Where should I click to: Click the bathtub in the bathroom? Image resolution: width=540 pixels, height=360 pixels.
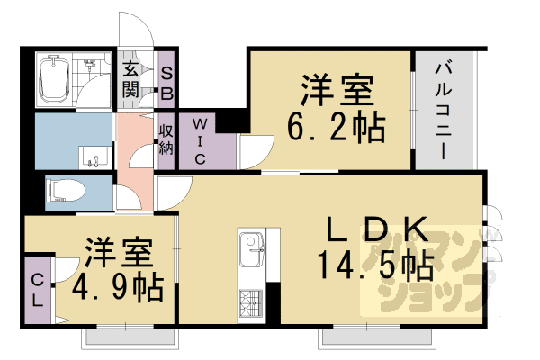click(54, 79)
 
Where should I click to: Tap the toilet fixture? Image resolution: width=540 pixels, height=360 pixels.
click(66, 191)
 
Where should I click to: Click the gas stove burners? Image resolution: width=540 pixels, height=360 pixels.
click(251, 303)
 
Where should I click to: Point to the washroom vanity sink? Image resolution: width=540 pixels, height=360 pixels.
click(95, 157)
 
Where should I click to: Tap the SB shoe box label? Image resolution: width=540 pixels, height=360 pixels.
click(167, 84)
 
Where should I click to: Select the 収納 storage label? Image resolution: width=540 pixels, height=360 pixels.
click(166, 140)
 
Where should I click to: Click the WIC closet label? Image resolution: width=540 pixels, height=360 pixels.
click(200, 141)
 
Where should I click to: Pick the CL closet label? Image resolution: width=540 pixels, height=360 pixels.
click(37, 291)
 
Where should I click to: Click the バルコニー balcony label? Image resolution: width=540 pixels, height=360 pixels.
click(444, 111)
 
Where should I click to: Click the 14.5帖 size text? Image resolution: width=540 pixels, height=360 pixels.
click(375, 265)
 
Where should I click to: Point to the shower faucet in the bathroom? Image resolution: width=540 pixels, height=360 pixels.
click(90, 64)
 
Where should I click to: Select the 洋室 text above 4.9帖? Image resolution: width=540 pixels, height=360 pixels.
click(119, 252)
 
